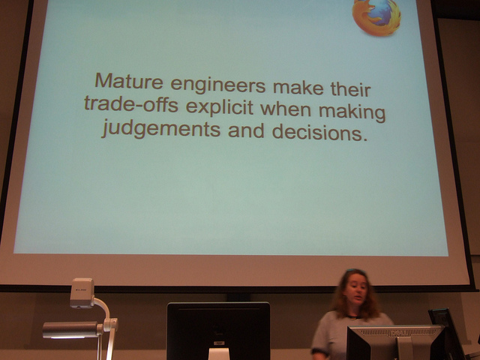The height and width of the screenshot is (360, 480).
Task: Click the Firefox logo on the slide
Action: coord(376,16)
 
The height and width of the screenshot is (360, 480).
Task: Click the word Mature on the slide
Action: coord(129,81)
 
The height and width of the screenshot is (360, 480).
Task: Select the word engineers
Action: coord(218,85)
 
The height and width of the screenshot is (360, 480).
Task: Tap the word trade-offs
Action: coord(131,103)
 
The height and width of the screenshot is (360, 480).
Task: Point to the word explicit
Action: coord(220,108)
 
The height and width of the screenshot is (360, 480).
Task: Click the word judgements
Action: coord(161,128)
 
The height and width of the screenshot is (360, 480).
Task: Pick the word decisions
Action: coord(319,132)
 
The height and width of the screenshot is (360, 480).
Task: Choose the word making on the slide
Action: coord(352,112)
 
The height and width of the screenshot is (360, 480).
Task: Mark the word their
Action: coord(350,89)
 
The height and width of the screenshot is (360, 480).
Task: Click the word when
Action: coord(286,109)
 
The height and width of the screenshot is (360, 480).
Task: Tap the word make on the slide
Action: coord(298,88)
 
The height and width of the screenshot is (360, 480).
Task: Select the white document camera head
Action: coord(82,292)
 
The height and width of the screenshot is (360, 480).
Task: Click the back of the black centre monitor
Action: coord(218,330)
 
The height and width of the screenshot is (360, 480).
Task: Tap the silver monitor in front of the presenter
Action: coord(395,343)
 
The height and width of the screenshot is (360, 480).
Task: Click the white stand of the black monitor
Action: coord(218,353)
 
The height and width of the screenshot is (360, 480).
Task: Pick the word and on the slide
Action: coord(246,130)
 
